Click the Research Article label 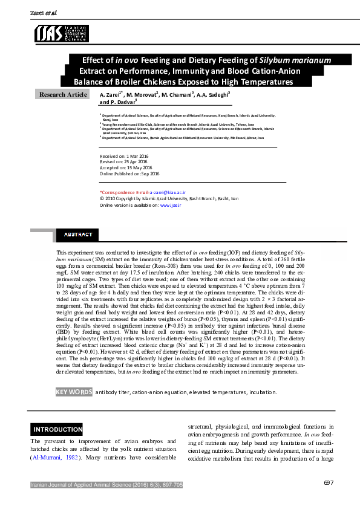(63, 95)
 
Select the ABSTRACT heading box (78, 235)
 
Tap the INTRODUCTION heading (57, 430)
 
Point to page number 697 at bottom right (329, 482)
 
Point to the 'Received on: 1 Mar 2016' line (122, 156)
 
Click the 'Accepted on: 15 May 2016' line (125, 167)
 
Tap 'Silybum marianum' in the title (295, 60)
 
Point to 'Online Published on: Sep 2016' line (129, 173)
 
